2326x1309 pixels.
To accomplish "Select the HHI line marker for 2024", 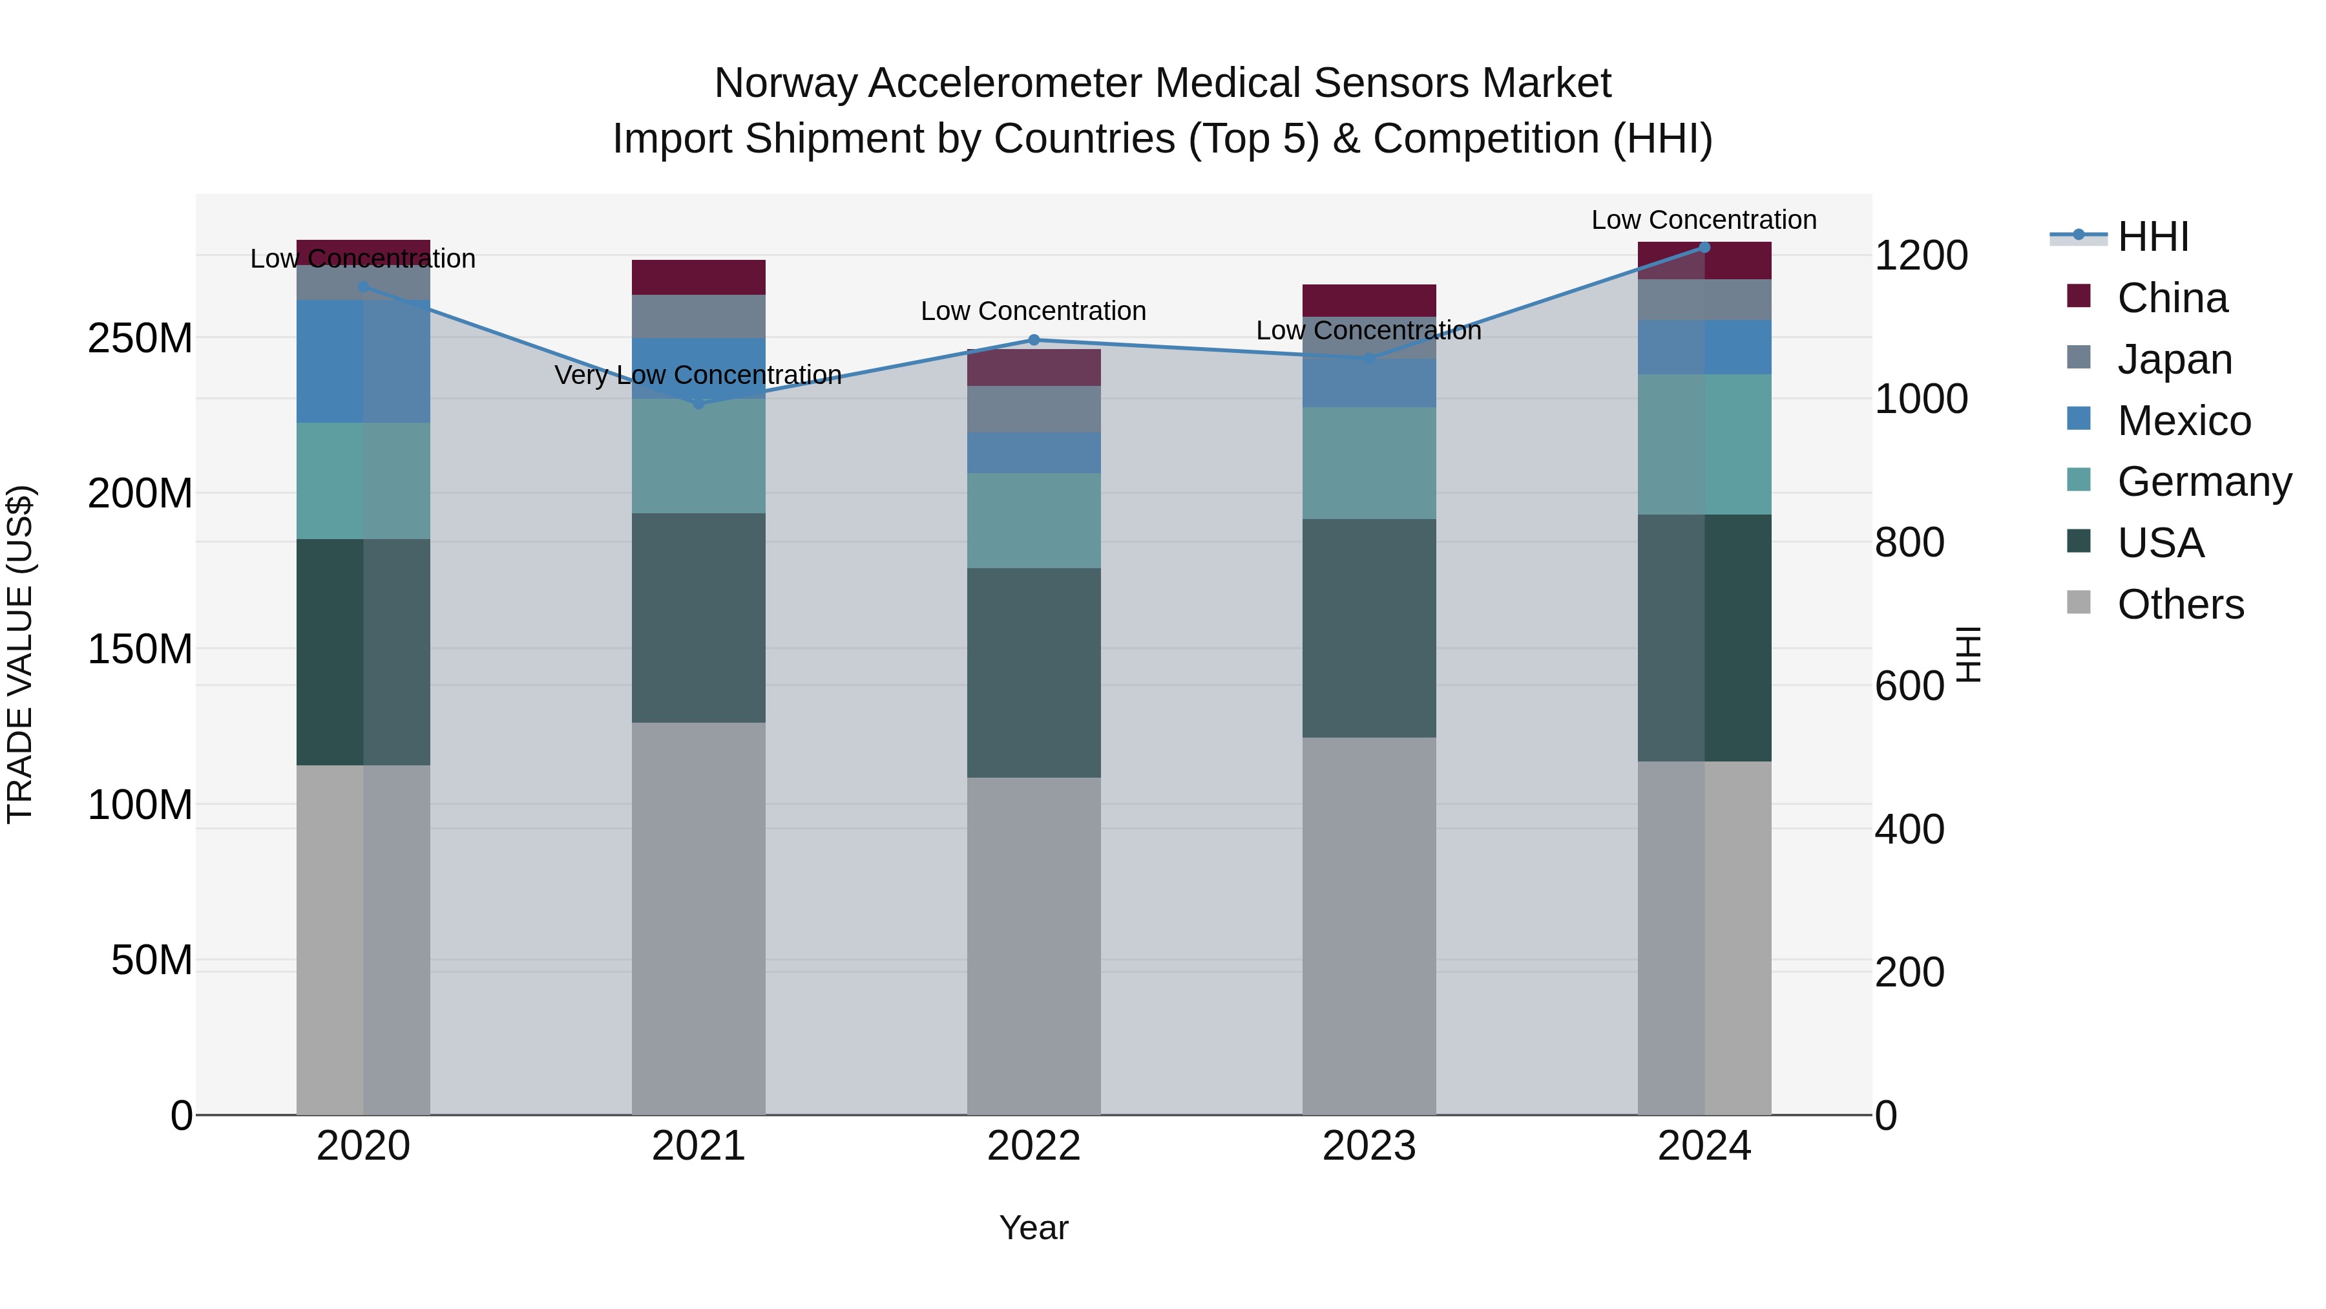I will click(x=1704, y=248).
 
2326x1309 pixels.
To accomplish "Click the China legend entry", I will click(x=2172, y=298).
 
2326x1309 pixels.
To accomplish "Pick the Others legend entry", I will click(x=2180, y=604).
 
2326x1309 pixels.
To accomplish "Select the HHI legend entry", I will click(x=2153, y=237).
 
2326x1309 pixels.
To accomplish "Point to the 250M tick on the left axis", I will click(x=140, y=339).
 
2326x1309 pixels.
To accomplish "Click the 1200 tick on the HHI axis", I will click(x=1922, y=255).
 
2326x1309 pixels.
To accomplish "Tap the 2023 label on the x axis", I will click(x=1369, y=1146).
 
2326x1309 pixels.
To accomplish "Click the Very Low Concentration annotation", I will click(x=698, y=375).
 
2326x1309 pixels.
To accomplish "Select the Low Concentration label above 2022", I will click(x=1033, y=311).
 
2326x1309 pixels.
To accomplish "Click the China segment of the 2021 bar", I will click(x=698, y=277).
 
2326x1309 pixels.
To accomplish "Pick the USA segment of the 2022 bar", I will click(x=1034, y=673).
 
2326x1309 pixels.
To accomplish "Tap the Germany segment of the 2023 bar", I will click(x=1369, y=463).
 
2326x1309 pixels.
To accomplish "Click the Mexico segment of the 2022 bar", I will click(x=1034, y=452).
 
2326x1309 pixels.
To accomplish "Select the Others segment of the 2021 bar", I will click(x=698, y=918).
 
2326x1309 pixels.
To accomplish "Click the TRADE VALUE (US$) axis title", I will click(x=20, y=654).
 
